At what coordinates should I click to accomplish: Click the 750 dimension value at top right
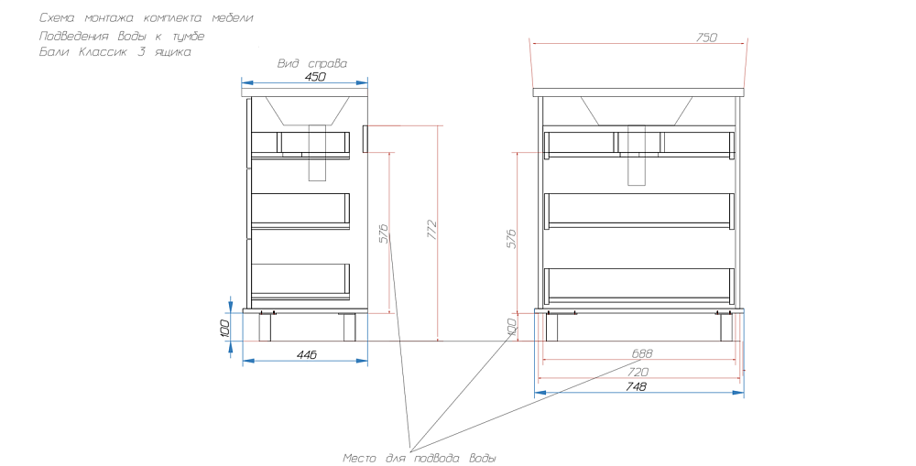click(x=706, y=38)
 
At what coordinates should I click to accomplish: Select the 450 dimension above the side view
click(x=315, y=77)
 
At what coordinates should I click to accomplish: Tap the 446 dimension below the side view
click(x=306, y=354)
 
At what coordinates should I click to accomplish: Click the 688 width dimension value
click(x=642, y=353)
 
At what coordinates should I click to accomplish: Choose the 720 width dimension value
click(x=638, y=372)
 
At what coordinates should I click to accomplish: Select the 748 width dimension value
click(x=637, y=386)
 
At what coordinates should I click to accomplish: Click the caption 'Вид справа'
click(x=312, y=64)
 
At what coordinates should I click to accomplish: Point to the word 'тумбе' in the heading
click(x=188, y=37)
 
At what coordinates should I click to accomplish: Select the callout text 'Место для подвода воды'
click(x=420, y=459)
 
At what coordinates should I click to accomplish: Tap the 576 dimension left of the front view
click(x=511, y=238)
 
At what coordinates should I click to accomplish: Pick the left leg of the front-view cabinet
click(x=551, y=327)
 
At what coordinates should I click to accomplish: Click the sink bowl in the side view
click(x=308, y=111)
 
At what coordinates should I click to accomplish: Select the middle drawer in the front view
click(x=639, y=211)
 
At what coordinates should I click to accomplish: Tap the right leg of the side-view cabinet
click(x=349, y=327)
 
